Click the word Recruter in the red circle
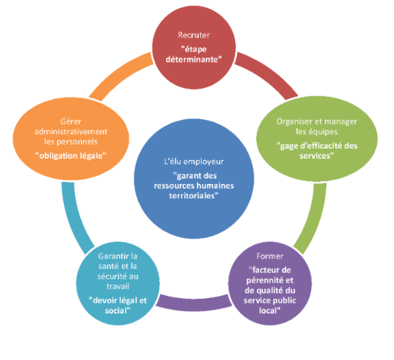pos(194,35)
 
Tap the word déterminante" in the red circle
pos(194,59)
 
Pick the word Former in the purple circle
pos(270,256)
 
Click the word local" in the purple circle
pos(269,311)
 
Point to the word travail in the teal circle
pos(118,286)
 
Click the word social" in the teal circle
pos(118,311)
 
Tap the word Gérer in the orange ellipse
pos(71,122)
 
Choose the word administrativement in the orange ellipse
pos(71,132)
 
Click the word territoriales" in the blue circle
pos(194,196)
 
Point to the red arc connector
pos(269,73)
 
